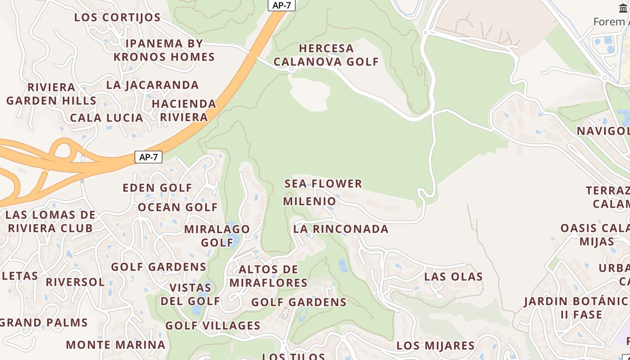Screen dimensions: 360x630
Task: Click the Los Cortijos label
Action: pyautogui.click(x=117, y=18)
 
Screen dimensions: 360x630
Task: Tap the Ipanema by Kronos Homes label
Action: pyautogui.click(x=164, y=50)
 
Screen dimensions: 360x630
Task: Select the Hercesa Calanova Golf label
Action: pyautogui.click(x=326, y=55)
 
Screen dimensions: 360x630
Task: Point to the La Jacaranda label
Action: pyautogui.click(x=153, y=85)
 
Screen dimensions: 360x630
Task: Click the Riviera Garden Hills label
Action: pyautogui.click(x=51, y=94)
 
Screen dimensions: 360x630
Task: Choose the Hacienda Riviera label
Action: pyautogui.click(x=184, y=110)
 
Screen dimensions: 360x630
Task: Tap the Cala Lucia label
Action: pyautogui.click(x=107, y=118)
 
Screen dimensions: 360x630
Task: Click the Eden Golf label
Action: pyautogui.click(x=157, y=188)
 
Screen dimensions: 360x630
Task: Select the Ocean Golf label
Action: pyautogui.click(x=178, y=207)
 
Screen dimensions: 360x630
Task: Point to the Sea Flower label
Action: pyautogui.click(x=323, y=184)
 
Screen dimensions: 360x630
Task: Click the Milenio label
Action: pyautogui.click(x=310, y=201)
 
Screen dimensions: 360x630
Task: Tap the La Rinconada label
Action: pyautogui.click(x=341, y=229)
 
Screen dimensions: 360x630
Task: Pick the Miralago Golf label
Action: pyautogui.click(x=217, y=236)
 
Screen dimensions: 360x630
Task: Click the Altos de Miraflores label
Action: pyautogui.click(x=269, y=276)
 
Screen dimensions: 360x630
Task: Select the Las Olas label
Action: pyautogui.click(x=454, y=276)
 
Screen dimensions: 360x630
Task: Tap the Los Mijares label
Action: pyautogui.click(x=435, y=346)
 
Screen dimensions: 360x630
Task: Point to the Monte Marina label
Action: pyautogui.click(x=116, y=345)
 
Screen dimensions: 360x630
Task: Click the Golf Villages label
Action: pyautogui.click(x=213, y=325)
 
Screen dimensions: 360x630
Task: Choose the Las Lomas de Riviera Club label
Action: pyautogui.click(x=50, y=221)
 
